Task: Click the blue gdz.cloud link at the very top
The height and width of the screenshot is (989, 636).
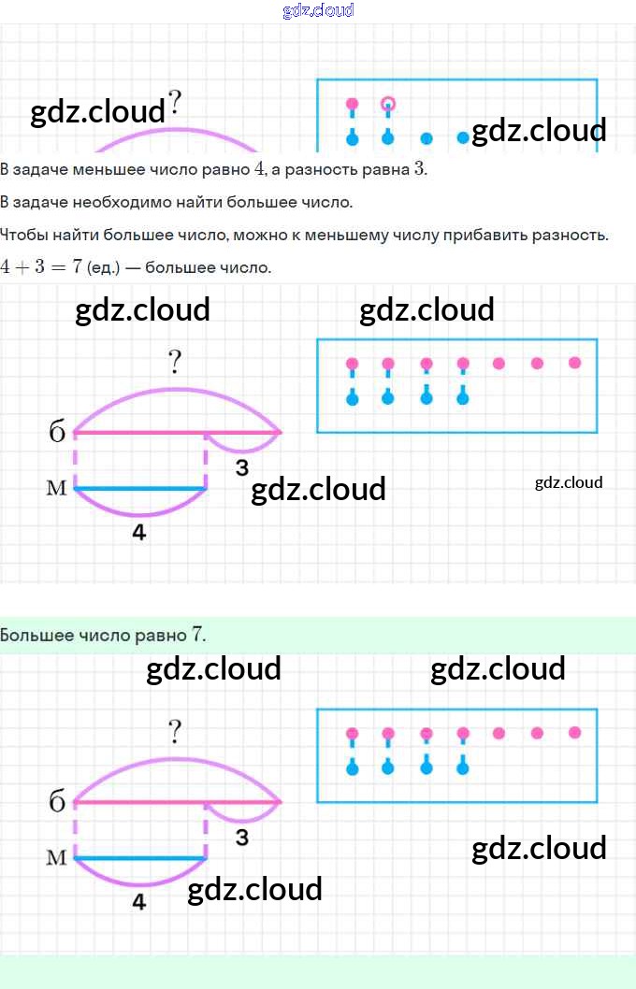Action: pyautogui.click(x=318, y=9)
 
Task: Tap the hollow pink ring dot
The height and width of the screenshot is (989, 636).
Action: pyautogui.click(x=388, y=104)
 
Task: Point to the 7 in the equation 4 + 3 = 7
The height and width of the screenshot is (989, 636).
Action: pyautogui.click(x=77, y=266)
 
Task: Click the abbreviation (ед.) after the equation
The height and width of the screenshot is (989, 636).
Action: pyautogui.click(x=103, y=267)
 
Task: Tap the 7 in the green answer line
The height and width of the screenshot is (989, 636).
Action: pyautogui.click(x=196, y=634)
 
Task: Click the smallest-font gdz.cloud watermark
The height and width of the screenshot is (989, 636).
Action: pyautogui.click(x=569, y=482)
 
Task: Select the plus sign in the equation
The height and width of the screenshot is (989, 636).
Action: pyautogui.click(x=22, y=266)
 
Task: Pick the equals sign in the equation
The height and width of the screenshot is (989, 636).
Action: pyautogui.click(x=58, y=266)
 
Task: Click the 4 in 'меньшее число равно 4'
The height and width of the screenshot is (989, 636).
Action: pyautogui.click(x=260, y=169)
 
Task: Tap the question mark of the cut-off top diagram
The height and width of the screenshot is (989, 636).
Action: pyautogui.click(x=175, y=102)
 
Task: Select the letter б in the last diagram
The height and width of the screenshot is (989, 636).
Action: pyautogui.click(x=57, y=801)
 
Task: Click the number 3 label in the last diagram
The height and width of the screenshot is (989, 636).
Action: pyautogui.click(x=241, y=838)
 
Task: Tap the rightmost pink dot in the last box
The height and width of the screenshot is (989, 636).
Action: pyautogui.click(x=574, y=732)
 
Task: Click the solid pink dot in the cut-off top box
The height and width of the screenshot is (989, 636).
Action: pyautogui.click(x=352, y=104)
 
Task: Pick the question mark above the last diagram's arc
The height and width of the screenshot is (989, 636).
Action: pyautogui.click(x=175, y=732)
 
